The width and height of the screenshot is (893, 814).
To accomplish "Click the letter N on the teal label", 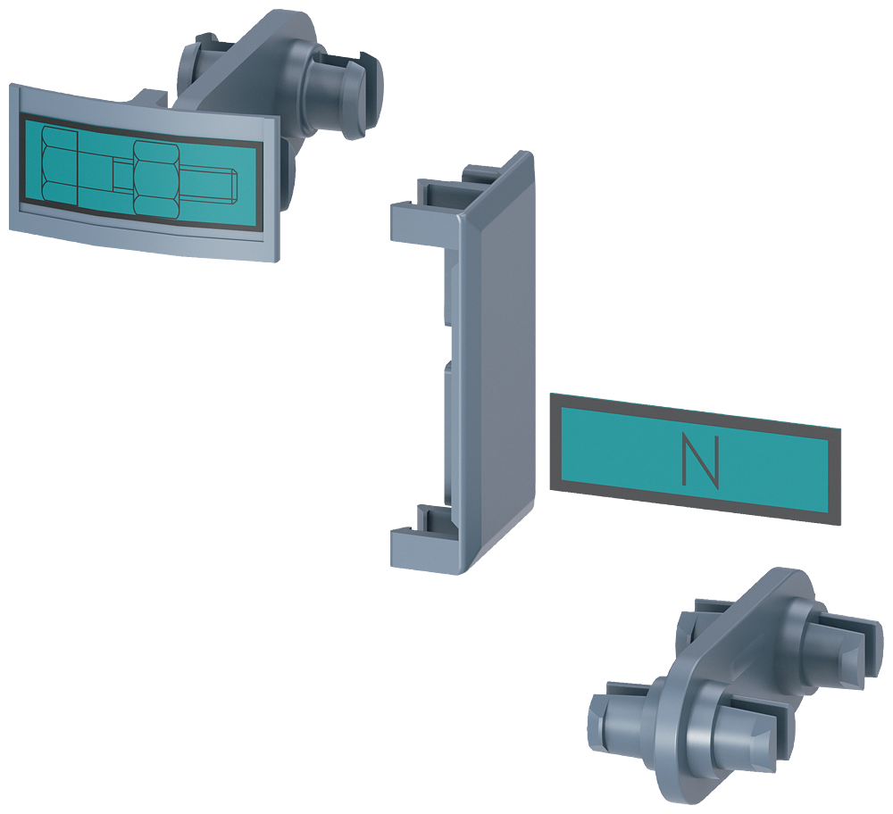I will coord(699,461).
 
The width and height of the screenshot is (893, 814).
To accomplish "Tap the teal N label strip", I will coord(777,469).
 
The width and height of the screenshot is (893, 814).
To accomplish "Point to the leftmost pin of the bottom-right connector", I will coord(616,723).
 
